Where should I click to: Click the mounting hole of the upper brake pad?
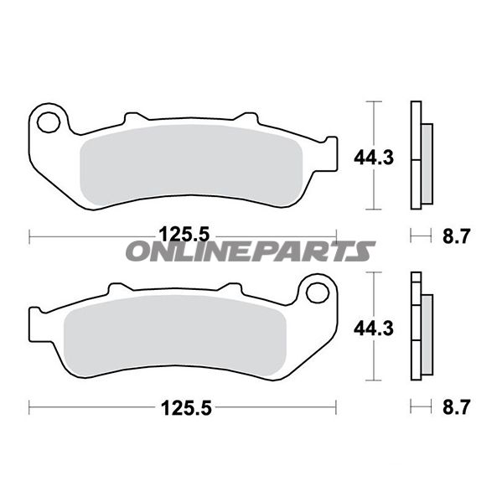pos(49,122)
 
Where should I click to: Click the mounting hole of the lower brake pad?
pos(318,292)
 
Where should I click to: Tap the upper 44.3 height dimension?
pos(373,158)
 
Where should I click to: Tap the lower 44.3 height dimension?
pos(373,329)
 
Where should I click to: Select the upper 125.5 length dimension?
pos(184,235)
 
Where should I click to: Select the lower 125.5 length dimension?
pos(186,407)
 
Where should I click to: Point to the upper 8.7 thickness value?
pos(456,236)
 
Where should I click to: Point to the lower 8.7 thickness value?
pos(456,407)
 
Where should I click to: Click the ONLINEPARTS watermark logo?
pos(251,251)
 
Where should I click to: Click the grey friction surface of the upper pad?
pos(191,165)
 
